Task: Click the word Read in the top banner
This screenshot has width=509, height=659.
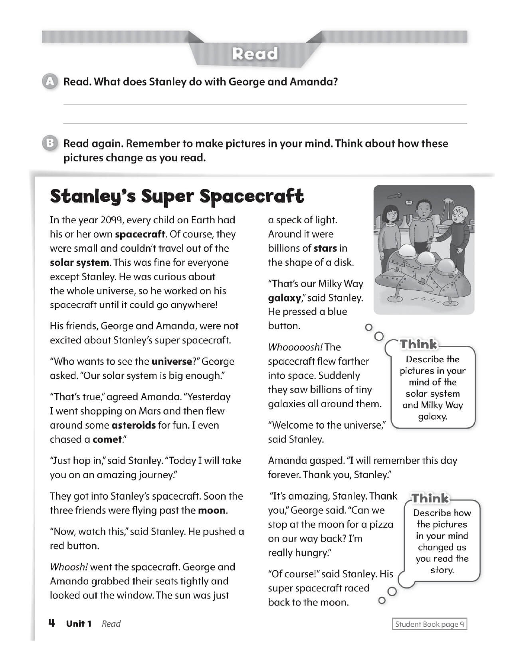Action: pyautogui.click(x=255, y=54)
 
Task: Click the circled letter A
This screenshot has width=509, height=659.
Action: pyautogui.click(x=50, y=82)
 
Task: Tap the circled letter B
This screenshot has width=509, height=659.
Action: pyautogui.click(x=50, y=144)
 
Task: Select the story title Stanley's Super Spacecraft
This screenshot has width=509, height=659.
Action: pyautogui.click(x=177, y=196)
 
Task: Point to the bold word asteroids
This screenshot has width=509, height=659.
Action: pyautogui.click(x=133, y=425)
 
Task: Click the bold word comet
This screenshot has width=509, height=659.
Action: pyautogui.click(x=107, y=439)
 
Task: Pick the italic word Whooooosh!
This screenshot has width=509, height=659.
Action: pyautogui.click(x=295, y=347)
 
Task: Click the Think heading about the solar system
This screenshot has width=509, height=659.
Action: pyautogui.click(x=418, y=344)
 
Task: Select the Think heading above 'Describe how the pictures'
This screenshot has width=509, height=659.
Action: pyautogui.click(x=430, y=498)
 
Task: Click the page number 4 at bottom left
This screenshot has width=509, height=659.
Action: pyautogui.click(x=51, y=623)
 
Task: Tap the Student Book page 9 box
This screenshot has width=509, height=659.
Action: pyautogui.click(x=430, y=624)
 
